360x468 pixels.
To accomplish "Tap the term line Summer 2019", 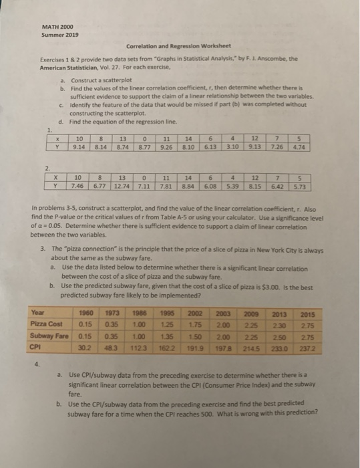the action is [58, 34].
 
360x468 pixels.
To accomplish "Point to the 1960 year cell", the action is [85, 312].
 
